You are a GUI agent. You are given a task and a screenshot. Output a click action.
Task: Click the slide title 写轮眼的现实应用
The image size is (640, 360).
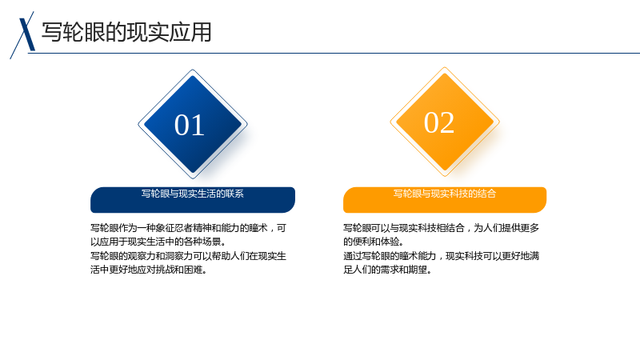point(126,32)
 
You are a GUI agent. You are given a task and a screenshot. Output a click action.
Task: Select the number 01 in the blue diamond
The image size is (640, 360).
point(190,125)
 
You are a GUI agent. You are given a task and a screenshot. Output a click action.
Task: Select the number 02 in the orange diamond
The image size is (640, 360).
point(439,122)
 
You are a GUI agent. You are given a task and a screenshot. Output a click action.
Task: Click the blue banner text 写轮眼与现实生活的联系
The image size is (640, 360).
point(193,194)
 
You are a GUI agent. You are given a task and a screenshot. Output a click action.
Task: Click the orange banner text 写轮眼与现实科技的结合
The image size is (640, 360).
point(445,194)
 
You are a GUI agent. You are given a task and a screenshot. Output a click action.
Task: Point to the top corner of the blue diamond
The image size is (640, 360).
point(193,70)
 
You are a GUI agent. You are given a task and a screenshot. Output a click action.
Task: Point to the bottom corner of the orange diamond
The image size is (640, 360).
point(445,176)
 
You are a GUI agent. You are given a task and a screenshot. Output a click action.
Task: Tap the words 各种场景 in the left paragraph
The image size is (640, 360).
point(202,242)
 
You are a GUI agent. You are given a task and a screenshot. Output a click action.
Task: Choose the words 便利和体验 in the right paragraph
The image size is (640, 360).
point(376,242)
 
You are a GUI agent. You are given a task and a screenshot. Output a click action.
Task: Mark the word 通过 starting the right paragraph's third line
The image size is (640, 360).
point(353,256)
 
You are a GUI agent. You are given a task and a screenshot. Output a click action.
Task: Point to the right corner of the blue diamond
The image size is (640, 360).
point(248,124)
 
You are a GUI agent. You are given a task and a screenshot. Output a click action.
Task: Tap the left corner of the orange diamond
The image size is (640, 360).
point(390,122)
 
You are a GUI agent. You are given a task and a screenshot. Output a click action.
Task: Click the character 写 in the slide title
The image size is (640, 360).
point(52,32)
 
